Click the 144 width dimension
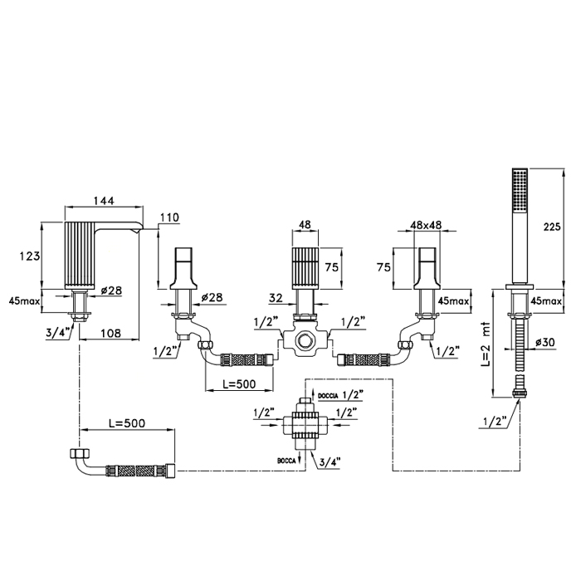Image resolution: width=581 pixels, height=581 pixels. point(104,201)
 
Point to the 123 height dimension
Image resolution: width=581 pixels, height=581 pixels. point(30,256)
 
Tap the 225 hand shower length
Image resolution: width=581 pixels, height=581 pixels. point(552,226)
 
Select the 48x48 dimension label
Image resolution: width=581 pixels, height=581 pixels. point(426,225)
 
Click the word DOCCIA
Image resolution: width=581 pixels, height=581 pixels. point(328,396)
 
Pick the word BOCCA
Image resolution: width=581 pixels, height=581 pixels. point(286,461)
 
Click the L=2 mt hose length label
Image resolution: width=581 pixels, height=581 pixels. point(486,344)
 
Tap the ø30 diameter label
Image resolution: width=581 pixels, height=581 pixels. point(545,342)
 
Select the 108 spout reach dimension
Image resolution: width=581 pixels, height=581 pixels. point(110,333)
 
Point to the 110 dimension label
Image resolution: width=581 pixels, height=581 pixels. point(169,217)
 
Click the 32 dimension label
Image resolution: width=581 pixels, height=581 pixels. point(276,298)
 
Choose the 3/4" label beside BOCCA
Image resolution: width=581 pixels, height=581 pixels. point(328,461)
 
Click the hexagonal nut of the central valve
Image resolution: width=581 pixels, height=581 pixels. point(305,340)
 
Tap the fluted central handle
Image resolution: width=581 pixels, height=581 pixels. point(305,268)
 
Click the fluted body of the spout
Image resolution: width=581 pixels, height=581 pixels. point(80,256)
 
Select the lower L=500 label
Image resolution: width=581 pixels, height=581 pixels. point(127,422)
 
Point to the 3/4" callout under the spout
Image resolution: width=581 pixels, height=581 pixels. point(58,333)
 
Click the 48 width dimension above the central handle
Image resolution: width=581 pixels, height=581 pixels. point(305,225)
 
